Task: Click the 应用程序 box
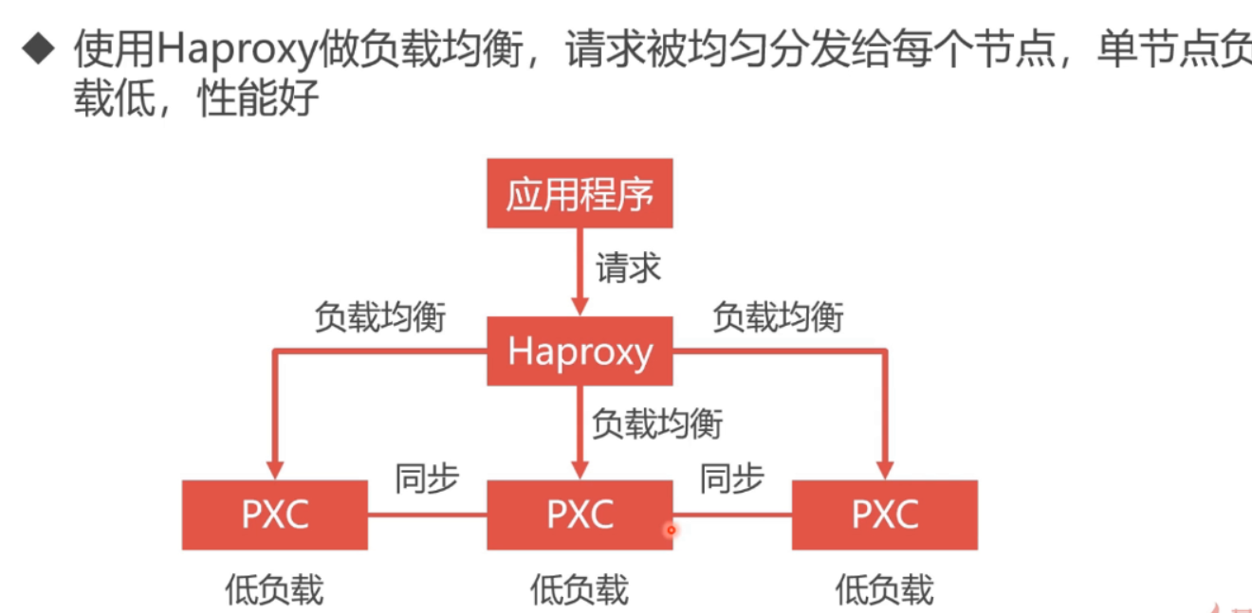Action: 580,193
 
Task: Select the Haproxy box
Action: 580,352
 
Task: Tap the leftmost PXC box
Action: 275,514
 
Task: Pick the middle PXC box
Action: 580,514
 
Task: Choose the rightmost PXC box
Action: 884,514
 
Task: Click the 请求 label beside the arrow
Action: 628,268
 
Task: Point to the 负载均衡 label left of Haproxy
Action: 379,316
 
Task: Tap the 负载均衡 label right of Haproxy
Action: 778,316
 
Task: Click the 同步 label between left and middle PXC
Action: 427,479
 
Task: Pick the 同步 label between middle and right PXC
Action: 731,479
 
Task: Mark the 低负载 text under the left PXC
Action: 275,589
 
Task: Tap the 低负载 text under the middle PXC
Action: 580,589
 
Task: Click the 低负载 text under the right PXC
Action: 884,589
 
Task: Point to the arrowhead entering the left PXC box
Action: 275,470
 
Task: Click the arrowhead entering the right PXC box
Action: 885,470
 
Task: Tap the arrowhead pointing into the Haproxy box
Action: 580,306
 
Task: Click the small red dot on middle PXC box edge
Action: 671,531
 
